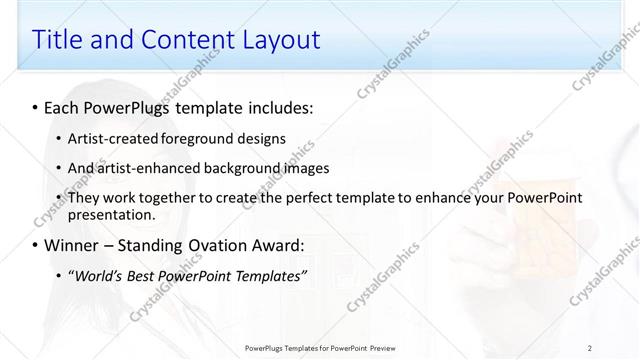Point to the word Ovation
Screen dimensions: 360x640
tap(220, 245)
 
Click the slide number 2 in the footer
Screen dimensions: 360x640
tap(590, 347)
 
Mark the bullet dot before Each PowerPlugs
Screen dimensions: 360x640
tap(36, 106)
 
